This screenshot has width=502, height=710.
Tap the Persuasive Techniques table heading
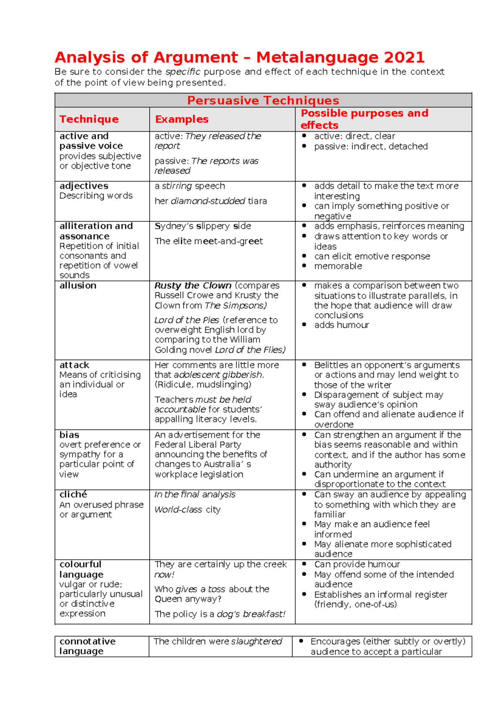(263, 100)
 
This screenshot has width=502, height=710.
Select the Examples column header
(182, 119)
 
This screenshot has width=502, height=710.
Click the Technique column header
(89, 119)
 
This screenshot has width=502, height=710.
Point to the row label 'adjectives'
(84, 186)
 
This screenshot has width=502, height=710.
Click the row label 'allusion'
(78, 286)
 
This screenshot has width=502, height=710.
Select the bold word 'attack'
(74, 365)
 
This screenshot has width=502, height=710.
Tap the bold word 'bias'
(69, 435)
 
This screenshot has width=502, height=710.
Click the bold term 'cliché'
(73, 494)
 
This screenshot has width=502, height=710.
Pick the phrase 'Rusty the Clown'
(193, 286)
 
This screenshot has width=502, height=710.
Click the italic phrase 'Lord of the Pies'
(187, 320)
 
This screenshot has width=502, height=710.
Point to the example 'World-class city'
(187, 510)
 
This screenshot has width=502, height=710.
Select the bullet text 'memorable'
(338, 266)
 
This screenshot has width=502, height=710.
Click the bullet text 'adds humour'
(341, 325)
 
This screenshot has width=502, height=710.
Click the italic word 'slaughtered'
(256, 642)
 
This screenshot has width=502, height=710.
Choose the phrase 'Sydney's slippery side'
(203, 226)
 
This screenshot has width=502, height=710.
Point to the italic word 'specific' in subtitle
(183, 72)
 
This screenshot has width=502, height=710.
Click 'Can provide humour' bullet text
(357, 565)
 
